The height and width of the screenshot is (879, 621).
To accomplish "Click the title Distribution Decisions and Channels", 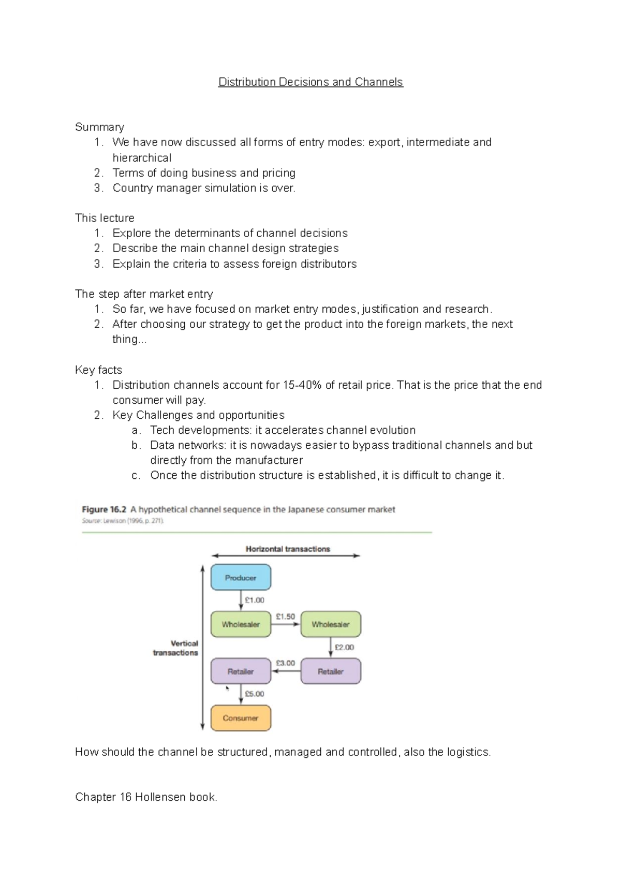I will [310, 82].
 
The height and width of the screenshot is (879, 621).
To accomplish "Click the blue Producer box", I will [241, 577].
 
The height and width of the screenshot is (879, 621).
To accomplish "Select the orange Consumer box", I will [241, 718].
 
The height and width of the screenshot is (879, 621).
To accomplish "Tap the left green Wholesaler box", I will [241, 624].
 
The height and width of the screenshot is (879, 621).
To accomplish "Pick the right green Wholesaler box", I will [331, 624].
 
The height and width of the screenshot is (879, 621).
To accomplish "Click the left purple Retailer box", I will [241, 671].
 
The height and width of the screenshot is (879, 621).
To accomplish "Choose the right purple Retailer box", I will [331, 671].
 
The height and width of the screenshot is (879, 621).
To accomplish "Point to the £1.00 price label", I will [255, 600].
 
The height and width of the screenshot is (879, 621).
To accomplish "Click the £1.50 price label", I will [285, 617].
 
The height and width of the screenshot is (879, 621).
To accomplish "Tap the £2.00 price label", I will [345, 647].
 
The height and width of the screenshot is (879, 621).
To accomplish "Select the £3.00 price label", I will [285, 663].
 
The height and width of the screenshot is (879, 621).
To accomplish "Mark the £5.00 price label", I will [255, 694].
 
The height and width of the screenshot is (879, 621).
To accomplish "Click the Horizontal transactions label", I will [288, 549].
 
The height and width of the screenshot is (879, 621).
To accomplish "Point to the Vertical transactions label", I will [176, 648].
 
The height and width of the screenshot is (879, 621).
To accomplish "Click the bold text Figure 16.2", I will [104, 509].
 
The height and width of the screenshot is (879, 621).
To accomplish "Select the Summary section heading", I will [99, 127].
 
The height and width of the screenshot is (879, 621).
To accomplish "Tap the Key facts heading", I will [98, 370].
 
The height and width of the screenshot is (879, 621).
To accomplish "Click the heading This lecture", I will [105, 218].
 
